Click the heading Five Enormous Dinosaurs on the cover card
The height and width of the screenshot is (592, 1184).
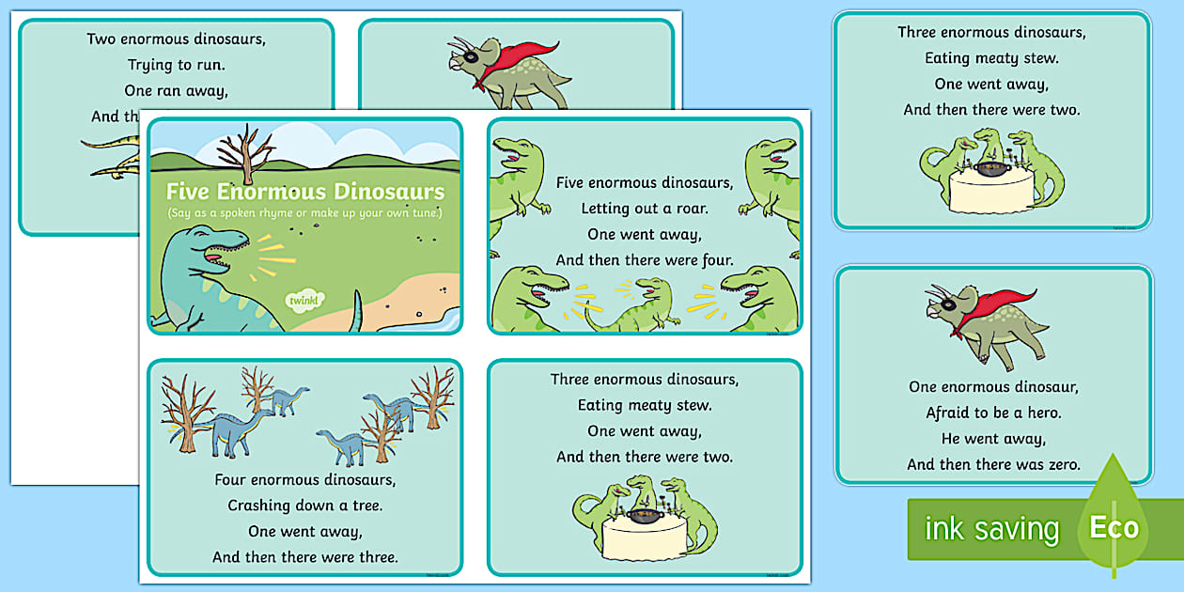pyautogui.click(x=304, y=192)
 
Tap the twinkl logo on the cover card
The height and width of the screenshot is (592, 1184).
pyautogui.click(x=304, y=300)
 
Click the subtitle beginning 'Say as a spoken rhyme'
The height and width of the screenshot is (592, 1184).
pyautogui.click(x=304, y=214)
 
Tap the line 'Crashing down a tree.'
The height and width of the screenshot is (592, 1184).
pyautogui.click(x=304, y=506)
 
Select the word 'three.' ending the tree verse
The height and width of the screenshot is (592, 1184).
pyautogui.click(x=373, y=557)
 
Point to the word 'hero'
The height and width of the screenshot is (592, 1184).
pyautogui.click(x=1038, y=413)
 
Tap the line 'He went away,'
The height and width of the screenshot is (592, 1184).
pyautogui.click(x=993, y=439)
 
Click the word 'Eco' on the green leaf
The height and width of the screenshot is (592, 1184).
pyautogui.click(x=1114, y=527)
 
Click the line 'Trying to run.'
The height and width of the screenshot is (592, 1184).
pyautogui.click(x=177, y=65)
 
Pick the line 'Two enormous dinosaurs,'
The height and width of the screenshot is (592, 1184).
pyautogui.click(x=177, y=39)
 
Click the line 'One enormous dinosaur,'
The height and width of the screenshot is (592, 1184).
pyautogui.click(x=993, y=386)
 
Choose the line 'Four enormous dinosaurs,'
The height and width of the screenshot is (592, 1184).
pyautogui.click(x=304, y=479)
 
